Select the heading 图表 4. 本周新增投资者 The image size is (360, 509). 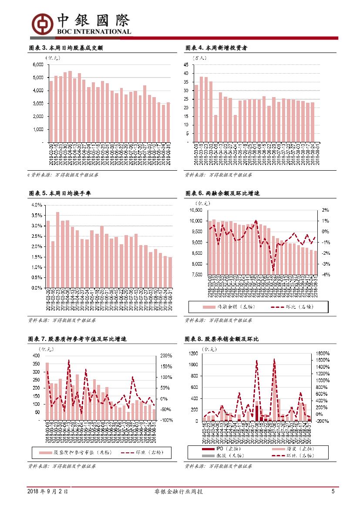[x=216, y=48]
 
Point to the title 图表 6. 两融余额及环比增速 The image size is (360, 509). [x=222, y=193]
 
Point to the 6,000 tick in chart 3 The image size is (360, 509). [x=38, y=64]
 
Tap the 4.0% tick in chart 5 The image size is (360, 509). [x=37, y=205]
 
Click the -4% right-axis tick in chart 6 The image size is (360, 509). [x=326, y=275]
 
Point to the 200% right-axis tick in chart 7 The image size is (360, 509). [x=167, y=356]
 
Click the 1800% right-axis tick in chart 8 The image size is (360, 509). [x=322, y=354]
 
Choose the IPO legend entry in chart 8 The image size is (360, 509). [x=214, y=448]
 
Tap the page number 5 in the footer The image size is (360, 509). [x=333, y=492]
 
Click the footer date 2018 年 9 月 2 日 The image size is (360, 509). [x=47, y=492]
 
